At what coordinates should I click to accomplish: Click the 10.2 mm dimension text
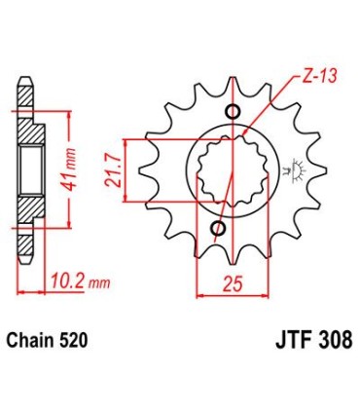[x=77, y=282]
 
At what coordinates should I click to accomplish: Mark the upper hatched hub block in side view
[x=30, y=132]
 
